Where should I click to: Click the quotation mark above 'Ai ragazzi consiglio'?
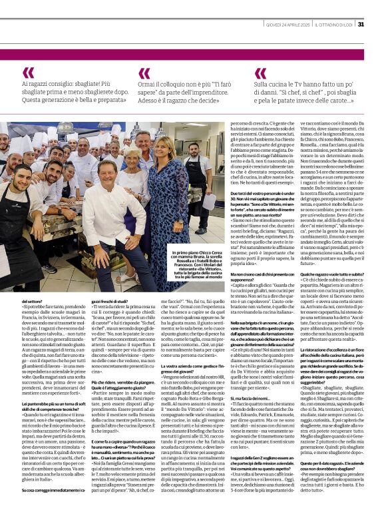[28, 73]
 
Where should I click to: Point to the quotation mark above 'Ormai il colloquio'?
[144, 73]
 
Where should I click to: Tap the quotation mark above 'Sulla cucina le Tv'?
[260, 73]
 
